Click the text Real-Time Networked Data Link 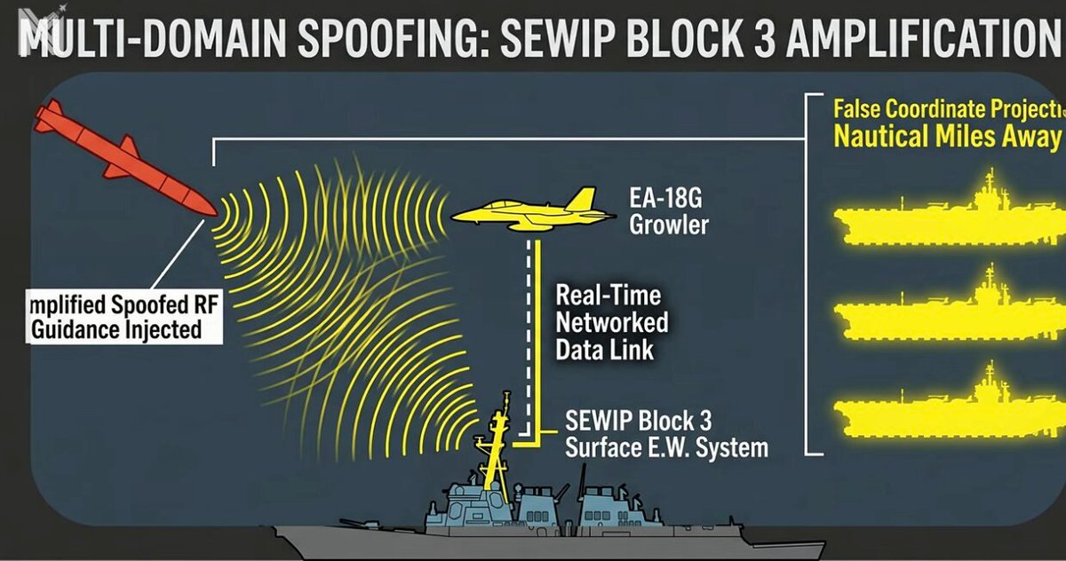612,321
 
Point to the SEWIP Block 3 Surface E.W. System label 666,433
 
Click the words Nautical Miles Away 947,138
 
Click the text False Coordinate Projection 947,110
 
